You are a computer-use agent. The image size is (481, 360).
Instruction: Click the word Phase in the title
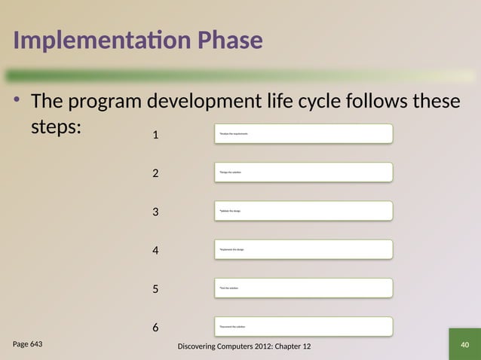pyautogui.click(x=231, y=41)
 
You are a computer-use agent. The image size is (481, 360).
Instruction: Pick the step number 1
pyautogui.click(x=155, y=136)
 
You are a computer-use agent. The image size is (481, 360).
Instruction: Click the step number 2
pyautogui.click(x=155, y=174)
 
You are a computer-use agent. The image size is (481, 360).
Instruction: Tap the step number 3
pyautogui.click(x=155, y=212)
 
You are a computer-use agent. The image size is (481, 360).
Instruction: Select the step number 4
pyautogui.click(x=155, y=251)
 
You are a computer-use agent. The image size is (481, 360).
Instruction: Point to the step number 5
pyautogui.click(x=155, y=289)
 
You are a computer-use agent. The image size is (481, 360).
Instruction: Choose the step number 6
pyautogui.click(x=155, y=328)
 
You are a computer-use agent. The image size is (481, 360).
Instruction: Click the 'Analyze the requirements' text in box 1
pyautogui.click(x=234, y=134)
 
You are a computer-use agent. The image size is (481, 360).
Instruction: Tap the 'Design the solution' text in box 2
pyautogui.click(x=230, y=172)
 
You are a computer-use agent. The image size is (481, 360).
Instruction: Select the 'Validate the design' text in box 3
pyautogui.click(x=230, y=211)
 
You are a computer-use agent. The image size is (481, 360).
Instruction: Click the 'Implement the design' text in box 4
pyautogui.click(x=231, y=249)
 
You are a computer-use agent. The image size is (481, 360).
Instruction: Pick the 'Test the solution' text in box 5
pyautogui.click(x=228, y=288)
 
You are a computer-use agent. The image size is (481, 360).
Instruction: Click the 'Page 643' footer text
pyautogui.click(x=28, y=344)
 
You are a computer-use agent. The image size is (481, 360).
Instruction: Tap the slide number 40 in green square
pyautogui.click(x=464, y=345)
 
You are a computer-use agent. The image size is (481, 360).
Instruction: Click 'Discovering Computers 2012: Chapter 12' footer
pyautogui.click(x=242, y=346)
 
